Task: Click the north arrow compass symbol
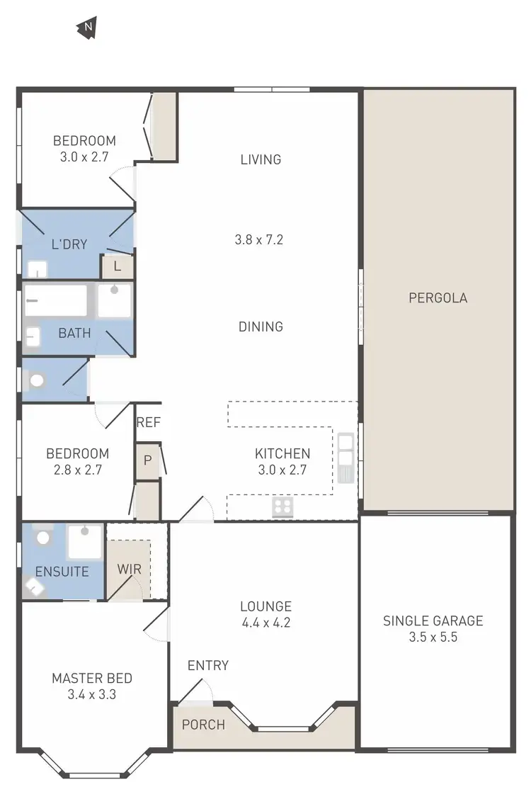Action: click(87, 28)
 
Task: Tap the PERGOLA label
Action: click(438, 298)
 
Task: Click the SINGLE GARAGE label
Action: click(433, 621)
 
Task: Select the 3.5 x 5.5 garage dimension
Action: click(433, 637)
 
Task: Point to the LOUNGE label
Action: click(265, 606)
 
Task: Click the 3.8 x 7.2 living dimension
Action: click(259, 239)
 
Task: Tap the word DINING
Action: click(261, 327)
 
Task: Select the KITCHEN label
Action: click(282, 454)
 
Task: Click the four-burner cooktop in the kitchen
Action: click(283, 506)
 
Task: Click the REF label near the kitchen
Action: click(149, 423)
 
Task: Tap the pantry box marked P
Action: click(148, 460)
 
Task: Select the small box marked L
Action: click(118, 267)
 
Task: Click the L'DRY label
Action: click(69, 244)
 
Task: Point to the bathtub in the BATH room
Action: click(55, 300)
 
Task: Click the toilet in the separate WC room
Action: click(36, 381)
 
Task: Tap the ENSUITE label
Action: click(62, 571)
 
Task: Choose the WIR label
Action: click(129, 568)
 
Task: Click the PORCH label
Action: click(203, 725)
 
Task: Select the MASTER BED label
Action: click(92, 679)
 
